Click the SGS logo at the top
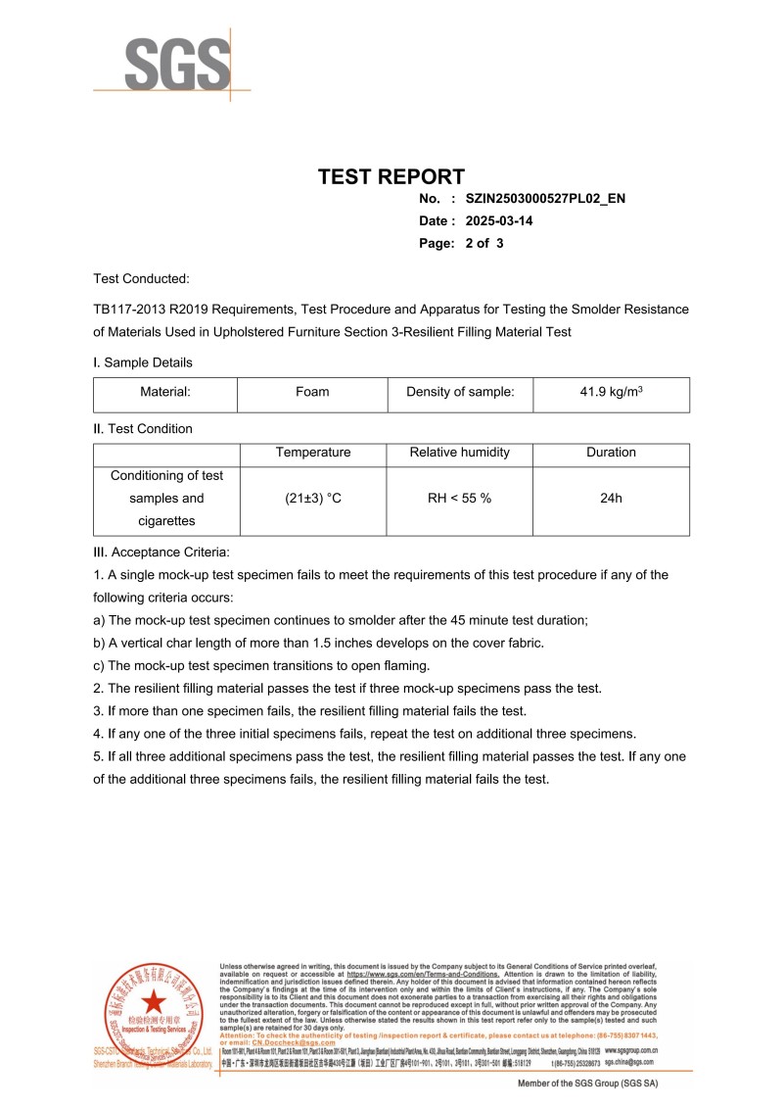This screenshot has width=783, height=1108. [171, 63]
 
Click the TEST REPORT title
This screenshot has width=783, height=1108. [391, 177]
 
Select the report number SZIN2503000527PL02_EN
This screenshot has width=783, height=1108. [545, 199]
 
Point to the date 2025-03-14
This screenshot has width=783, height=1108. [499, 221]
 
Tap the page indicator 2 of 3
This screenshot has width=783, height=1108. [484, 244]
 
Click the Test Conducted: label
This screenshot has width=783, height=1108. [142, 279]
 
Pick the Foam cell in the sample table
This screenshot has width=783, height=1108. [312, 393]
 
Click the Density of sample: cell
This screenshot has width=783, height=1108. [460, 393]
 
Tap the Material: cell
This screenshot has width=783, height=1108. [164, 393]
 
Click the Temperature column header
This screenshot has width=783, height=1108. [313, 453]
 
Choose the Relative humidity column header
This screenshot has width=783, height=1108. [459, 453]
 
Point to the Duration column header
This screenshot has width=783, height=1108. [611, 453]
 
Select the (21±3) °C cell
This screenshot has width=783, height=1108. [313, 499]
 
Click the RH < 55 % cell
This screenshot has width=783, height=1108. [459, 499]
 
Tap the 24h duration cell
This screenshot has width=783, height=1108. [611, 499]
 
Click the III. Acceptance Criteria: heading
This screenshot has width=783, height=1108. [161, 552]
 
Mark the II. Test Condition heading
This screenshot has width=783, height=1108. [143, 429]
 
